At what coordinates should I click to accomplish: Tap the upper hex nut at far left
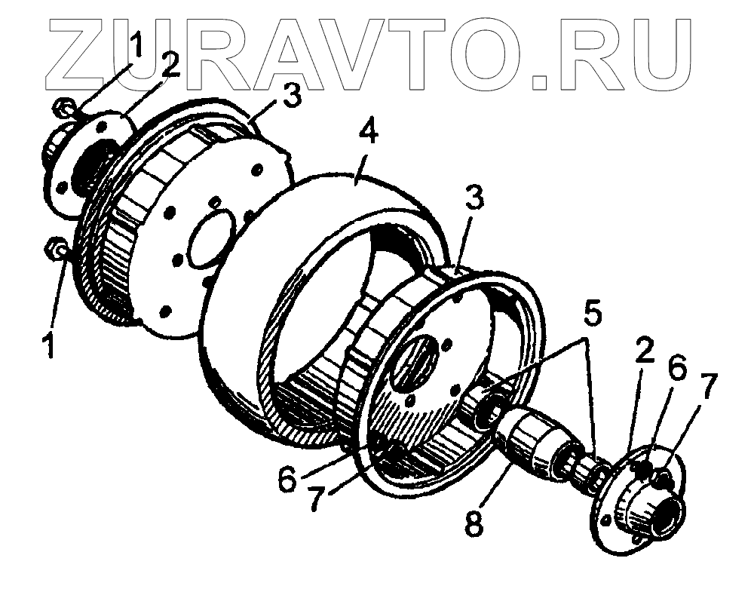(x=64, y=110)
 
